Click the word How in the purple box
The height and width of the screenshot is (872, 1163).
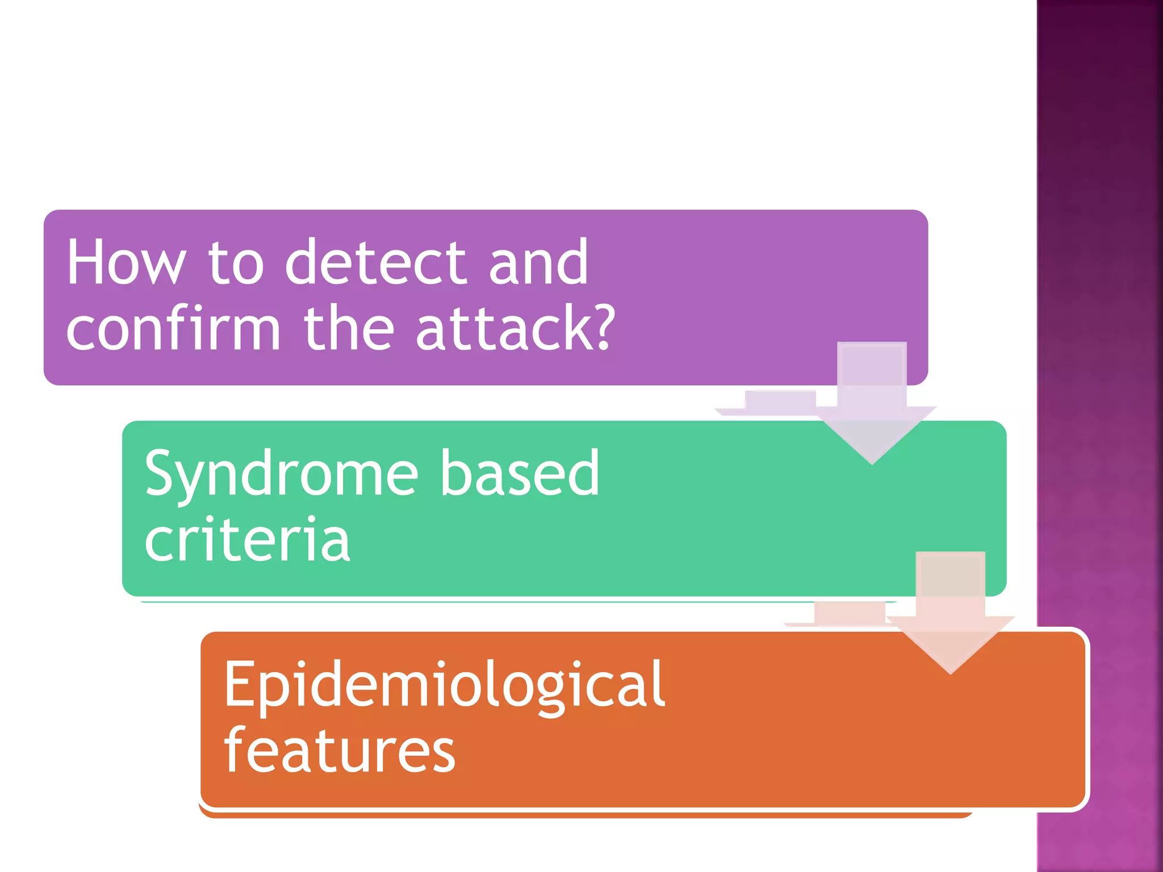[x=126, y=262]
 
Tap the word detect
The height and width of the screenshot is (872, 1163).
[x=375, y=262]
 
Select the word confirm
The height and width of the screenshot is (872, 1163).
[x=173, y=329]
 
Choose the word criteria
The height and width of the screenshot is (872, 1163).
[x=247, y=540]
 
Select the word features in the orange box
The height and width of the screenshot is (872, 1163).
[x=340, y=751]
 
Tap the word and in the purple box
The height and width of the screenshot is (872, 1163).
[x=538, y=262]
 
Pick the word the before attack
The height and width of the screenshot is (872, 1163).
[x=349, y=329]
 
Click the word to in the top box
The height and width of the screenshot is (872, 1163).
[x=236, y=262]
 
